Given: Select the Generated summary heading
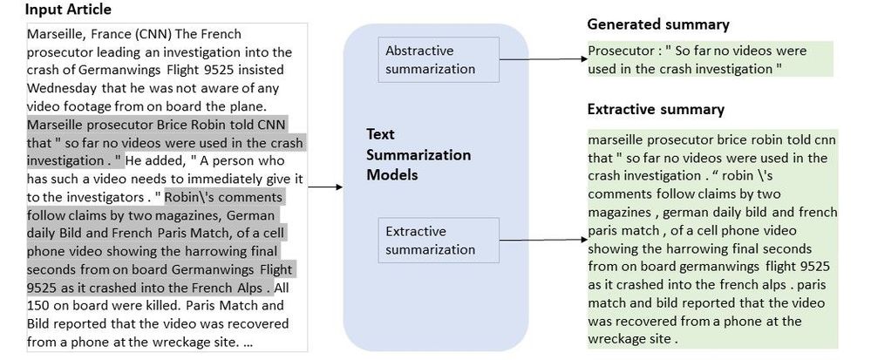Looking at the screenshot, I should tap(657, 24).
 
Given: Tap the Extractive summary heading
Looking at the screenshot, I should tap(656, 110).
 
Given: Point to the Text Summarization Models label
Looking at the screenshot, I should tap(418, 155).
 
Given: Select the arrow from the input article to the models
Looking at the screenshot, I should tap(325, 187).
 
